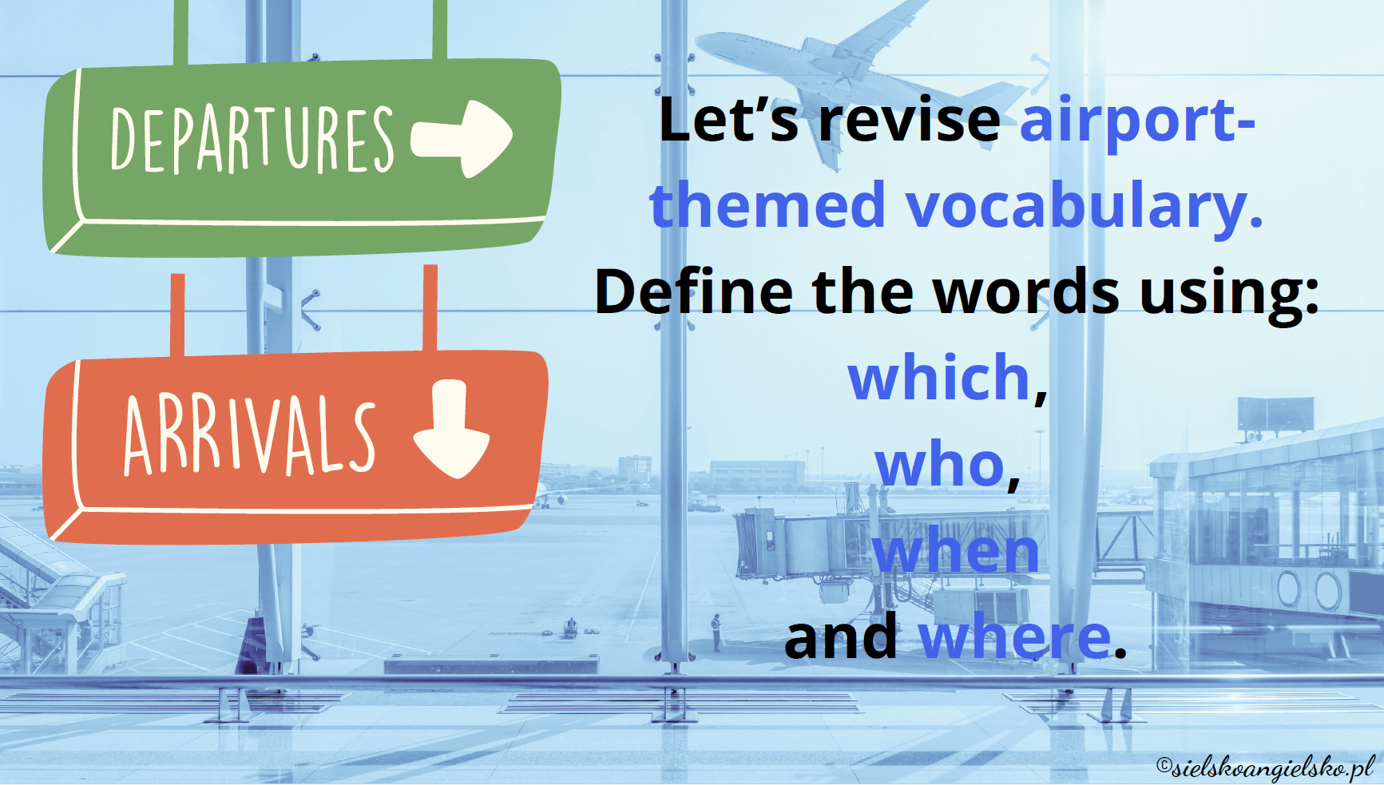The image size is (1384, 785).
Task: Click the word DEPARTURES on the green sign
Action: click(252, 139)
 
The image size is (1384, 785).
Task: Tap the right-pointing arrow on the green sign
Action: click(462, 137)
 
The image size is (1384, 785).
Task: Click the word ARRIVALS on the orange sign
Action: click(249, 434)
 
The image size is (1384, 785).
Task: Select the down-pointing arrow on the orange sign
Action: click(451, 428)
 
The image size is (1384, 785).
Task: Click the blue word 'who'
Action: click(940, 465)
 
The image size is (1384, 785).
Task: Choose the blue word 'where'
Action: click(1015, 637)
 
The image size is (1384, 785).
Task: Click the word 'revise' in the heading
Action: click(910, 120)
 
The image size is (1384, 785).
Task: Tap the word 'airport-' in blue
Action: click(1138, 121)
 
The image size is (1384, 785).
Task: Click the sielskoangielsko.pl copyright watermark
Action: click(1266, 767)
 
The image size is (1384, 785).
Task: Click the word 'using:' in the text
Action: click(1230, 294)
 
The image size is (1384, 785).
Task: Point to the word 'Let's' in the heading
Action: click(728, 120)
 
